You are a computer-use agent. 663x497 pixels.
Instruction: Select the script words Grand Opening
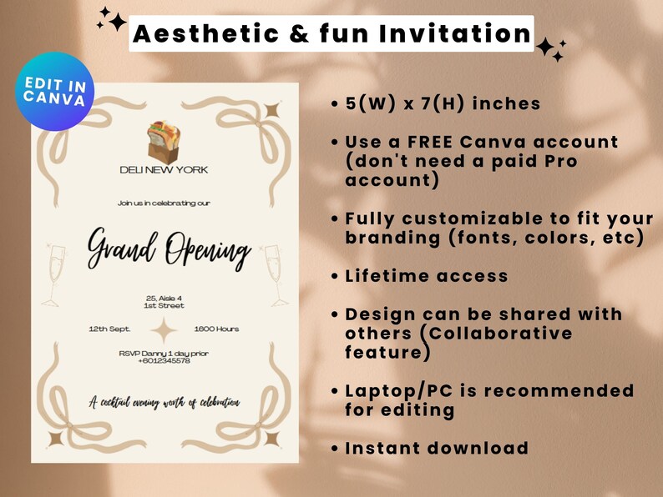(x=170, y=249)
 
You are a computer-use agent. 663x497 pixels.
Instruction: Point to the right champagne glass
(x=275, y=274)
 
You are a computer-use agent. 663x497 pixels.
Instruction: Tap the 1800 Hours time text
(x=216, y=329)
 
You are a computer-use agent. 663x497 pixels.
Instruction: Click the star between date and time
(x=163, y=331)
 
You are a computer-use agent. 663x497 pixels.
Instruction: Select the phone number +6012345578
(x=164, y=360)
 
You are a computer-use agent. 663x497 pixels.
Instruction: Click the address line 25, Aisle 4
(x=164, y=298)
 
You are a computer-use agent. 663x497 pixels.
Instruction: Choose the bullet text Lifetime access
(x=427, y=275)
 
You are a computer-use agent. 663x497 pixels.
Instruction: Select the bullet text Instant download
(x=437, y=448)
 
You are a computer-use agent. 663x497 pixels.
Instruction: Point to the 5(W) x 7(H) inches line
(x=443, y=104)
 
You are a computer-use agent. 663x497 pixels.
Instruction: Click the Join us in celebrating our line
(x=164, y=203)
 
